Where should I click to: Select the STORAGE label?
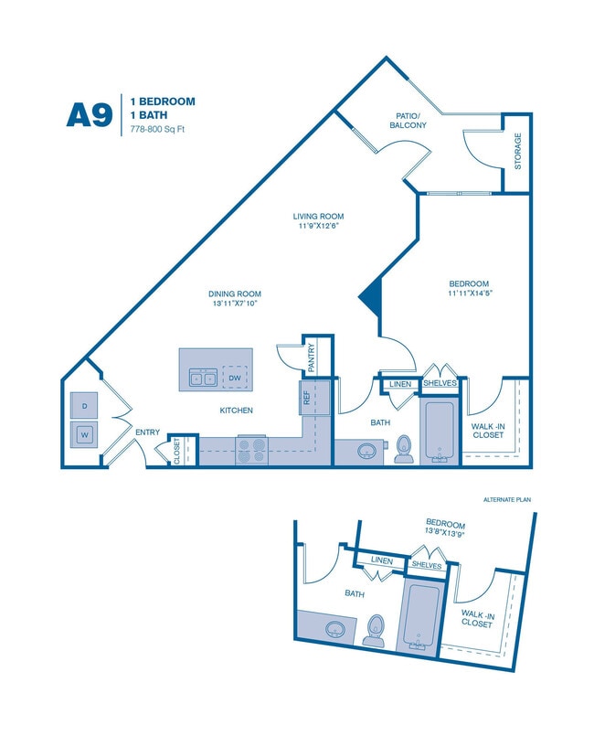pos(517,152)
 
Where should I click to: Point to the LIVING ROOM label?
pos(318,217)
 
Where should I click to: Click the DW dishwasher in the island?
pos(235,377)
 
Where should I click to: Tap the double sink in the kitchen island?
pos(202,377)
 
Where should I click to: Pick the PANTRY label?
pos(312,357)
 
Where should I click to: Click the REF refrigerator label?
pos(305,397)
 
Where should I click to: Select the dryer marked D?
pos(84,404)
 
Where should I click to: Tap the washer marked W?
pos(84,434)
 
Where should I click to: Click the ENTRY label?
pos(147,432)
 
